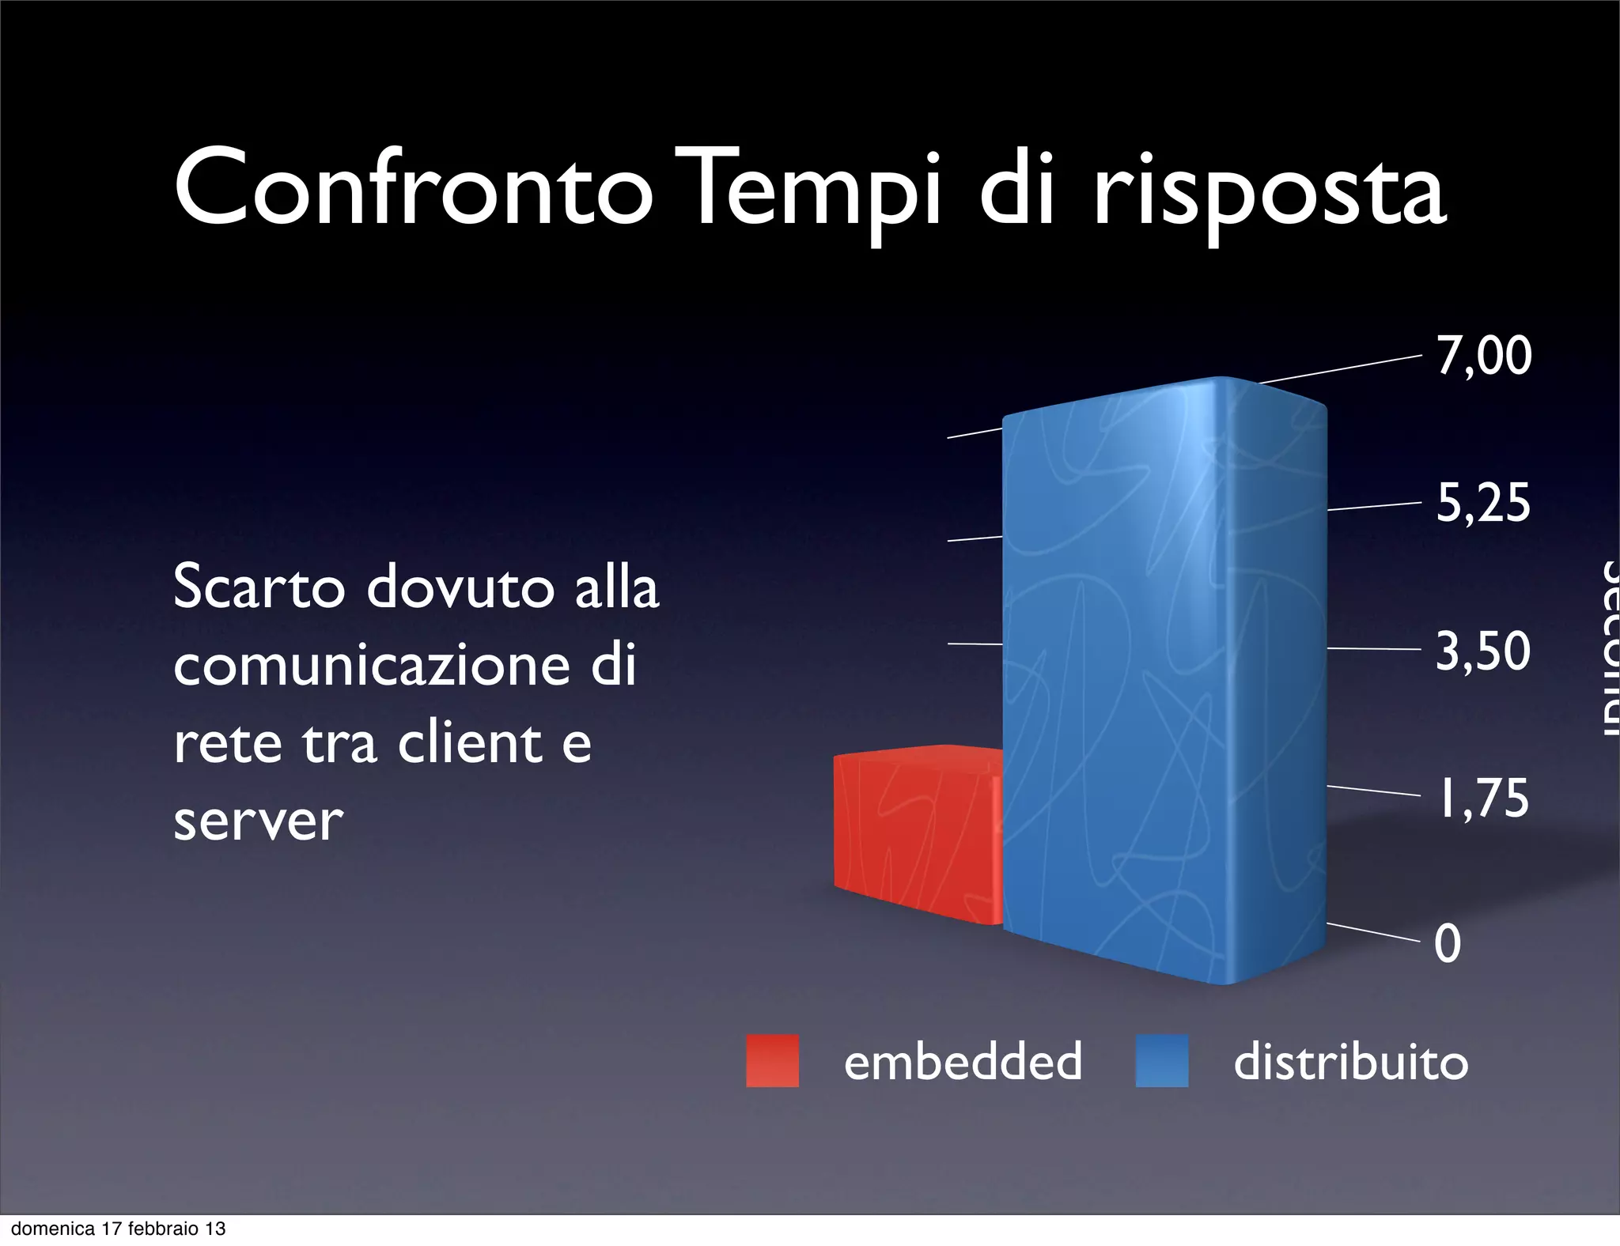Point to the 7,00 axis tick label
[1484, 356]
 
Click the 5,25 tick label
[1483, 503]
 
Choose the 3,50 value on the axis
[1483, 651]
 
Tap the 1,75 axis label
[1483, 798]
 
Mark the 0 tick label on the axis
[1448, 944]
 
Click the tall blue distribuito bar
[1163, 680]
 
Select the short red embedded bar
[918, 834]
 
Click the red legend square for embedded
[772, 1061]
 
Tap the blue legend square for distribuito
[1161, 1061]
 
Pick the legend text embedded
[963, 1061]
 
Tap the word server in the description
[258, 821]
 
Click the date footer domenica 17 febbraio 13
[119, 1229]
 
